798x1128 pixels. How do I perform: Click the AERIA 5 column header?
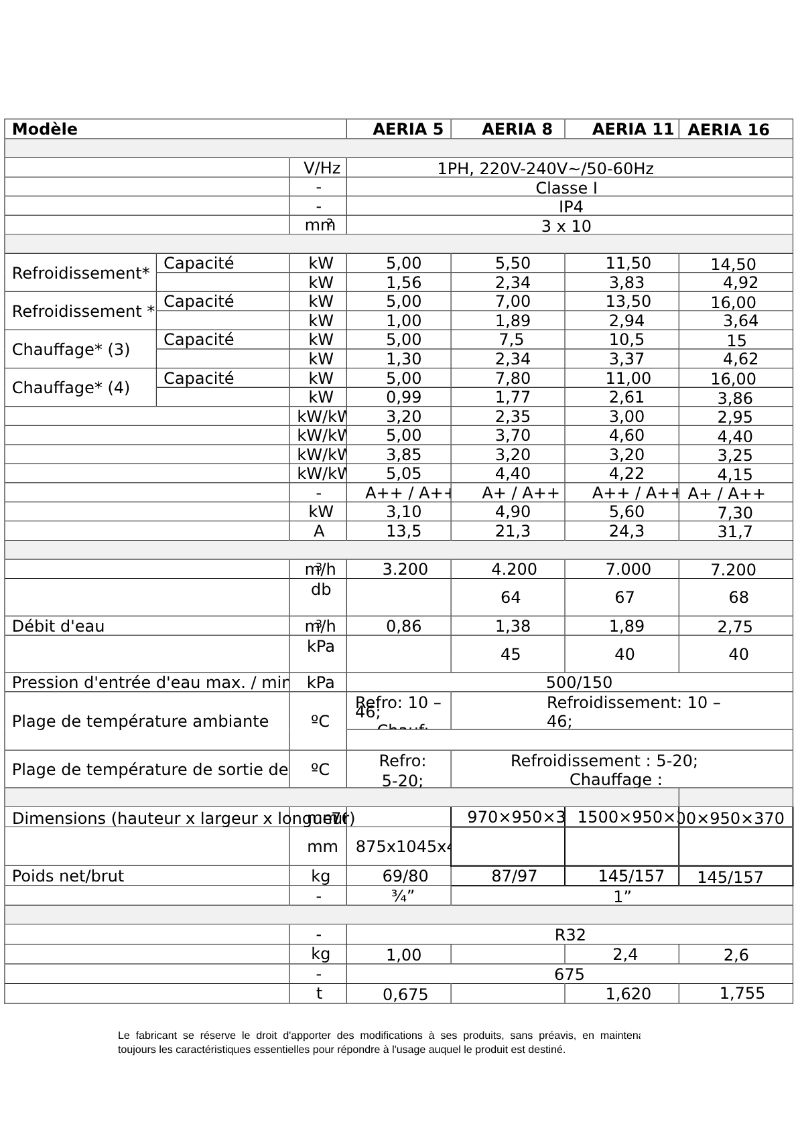[x=407, y=129]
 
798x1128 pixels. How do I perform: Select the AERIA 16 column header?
[x=728, y=130]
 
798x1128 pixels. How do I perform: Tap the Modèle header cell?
[x=45, y=129]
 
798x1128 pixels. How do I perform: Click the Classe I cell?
[x=566, y=188]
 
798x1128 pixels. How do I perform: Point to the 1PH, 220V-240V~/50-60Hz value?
[x=545, y=169]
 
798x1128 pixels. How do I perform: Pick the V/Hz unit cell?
[x=322, y=168]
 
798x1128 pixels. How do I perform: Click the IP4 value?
[x=570, y=207]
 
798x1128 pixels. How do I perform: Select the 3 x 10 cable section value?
[x=566, y=226]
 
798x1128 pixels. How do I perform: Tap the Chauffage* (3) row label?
[x=71, y=350]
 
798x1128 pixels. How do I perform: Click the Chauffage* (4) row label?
[x=71, y=388]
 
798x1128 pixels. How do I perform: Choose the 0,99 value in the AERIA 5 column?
[x=404, y=397]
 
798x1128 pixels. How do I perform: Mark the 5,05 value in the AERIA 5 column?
[x=404, y=474]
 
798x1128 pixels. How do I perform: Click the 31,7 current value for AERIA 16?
[x=734, y=532]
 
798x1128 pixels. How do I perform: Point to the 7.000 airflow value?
[x=628, y=569]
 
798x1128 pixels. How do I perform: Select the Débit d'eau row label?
[x=58, y=626]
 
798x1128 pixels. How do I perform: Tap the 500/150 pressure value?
[x=579, y=683]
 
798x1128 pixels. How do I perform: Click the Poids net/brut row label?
[x=68, y=876]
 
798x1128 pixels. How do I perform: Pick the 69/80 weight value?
[x=405, y=876]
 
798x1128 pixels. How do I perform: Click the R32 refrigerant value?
[x=570, y=934]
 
